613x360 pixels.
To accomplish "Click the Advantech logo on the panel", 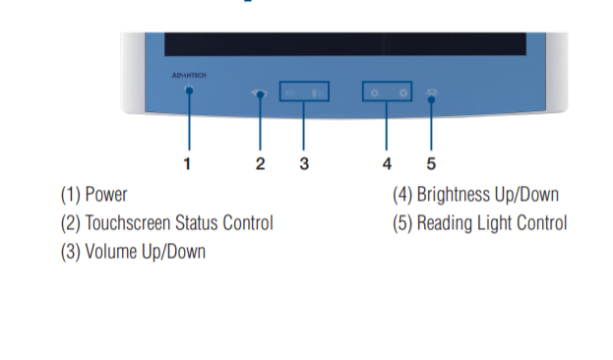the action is pos(189,75).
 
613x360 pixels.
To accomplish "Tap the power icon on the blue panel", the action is pos(189,89).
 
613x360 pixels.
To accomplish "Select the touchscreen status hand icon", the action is pos(259,93).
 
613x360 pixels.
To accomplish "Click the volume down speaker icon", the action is pos(290,93).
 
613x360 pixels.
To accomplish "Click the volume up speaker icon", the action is pos(318,93).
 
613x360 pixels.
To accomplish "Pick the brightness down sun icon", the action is pos(375,92).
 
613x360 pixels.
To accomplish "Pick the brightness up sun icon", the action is pos(403,92).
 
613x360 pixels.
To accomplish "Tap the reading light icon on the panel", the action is pos(432,93).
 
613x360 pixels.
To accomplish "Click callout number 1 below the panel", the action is pos(187,163).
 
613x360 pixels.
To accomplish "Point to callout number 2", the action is pos(261,163).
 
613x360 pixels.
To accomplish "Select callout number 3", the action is pos(304,163).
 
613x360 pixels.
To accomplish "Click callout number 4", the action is pos(387,163).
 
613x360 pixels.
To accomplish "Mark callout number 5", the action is pos(431,163).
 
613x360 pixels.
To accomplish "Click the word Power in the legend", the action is pos(106,195).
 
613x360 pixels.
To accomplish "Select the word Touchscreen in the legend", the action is pos(128,223).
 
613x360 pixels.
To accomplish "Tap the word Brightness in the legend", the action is pos(453,195).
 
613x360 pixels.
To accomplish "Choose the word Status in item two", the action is pos(197,223).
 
